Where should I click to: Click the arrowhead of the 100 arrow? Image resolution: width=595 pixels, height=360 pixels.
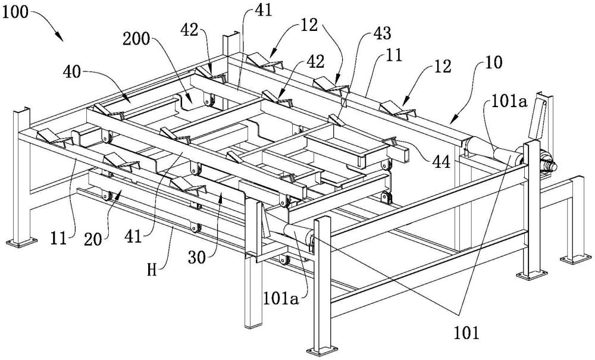62,39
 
